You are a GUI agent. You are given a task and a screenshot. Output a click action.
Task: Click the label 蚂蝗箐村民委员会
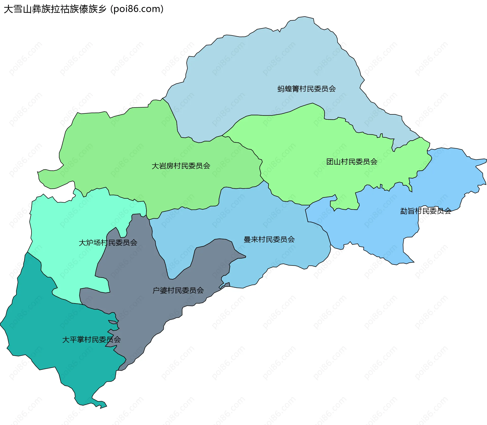click(306, 89)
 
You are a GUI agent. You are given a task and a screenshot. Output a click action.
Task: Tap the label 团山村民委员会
click(352, 162)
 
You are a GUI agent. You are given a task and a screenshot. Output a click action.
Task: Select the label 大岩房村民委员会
click(181, 166)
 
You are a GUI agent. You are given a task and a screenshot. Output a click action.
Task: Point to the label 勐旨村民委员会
click(425, 211)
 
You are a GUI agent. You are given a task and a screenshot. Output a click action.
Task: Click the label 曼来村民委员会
click(269, 239)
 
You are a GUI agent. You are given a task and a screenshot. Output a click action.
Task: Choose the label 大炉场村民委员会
click(108, 243)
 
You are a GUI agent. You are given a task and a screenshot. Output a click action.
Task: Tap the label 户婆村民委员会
click(178, 290)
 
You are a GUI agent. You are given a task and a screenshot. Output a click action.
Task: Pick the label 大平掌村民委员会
click(91, 340)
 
